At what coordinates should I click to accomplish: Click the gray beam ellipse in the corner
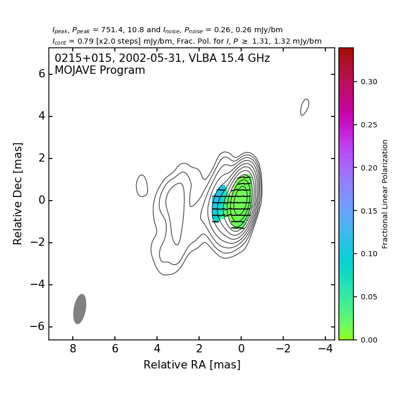coord(80,309)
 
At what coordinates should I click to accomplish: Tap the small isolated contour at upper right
coord(305,107)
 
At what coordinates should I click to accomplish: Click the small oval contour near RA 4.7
coord(142,186)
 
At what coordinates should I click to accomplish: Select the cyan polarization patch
coord(219,204)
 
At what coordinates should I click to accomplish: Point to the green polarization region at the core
coord(241,200)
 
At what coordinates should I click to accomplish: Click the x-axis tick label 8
coord(73,348)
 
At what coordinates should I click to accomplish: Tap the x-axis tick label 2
coord(199,348)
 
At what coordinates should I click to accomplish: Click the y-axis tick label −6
coord(38,327)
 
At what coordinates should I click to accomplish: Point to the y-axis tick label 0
coord(42,201)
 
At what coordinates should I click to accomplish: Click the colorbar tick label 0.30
coord(369,82)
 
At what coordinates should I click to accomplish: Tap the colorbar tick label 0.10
coord(369,254)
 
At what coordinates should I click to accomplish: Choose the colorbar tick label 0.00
coord(369,340)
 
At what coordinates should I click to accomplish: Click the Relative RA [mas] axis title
coord(192,365)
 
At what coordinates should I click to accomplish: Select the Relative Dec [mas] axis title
coord(18,193)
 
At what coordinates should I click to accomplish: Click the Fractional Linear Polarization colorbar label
coord(385,194)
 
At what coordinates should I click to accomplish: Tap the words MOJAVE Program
coord(100,71)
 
